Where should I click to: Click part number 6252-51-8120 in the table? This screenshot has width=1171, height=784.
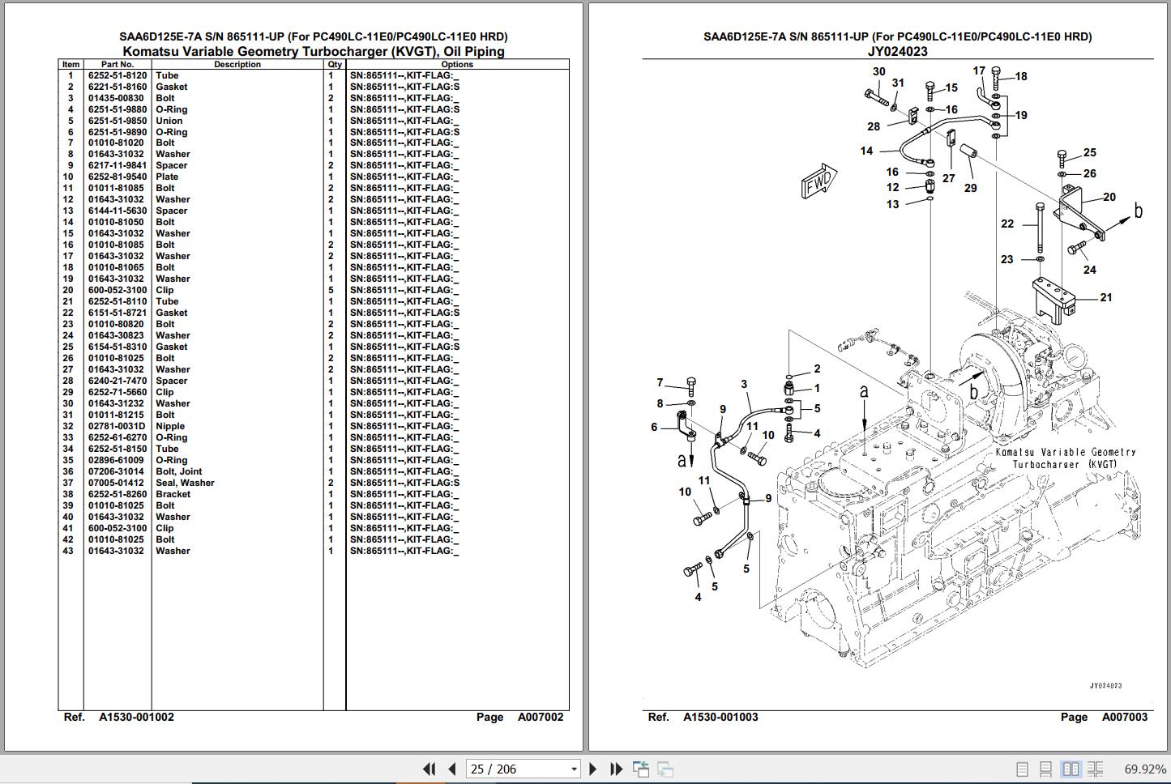[118, 75]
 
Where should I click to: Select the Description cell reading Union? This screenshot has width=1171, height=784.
[169, 121]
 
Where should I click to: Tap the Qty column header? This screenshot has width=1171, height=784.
[335, 65]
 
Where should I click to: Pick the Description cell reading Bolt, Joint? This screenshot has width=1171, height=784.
[179, 471]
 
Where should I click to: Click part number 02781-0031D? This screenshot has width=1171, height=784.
[117, 426]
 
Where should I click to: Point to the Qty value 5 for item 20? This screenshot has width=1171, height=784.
[331, 290]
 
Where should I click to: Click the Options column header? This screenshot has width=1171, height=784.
[457, 65]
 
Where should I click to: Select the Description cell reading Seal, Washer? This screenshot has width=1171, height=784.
[185, 483]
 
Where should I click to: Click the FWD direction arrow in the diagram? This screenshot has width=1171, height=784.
[818, 183]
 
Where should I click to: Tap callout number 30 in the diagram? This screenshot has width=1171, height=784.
[879, 71]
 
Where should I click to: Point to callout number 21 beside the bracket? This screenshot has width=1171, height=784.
[1106, 297]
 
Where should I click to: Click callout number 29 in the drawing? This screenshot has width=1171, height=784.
[971, 188]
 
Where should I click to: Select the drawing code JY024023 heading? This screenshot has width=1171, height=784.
[897, 51]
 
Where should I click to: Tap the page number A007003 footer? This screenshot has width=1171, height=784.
[1124, 717]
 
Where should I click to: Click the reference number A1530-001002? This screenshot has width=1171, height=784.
[136, 717]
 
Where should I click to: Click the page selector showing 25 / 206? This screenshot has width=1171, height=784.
[522, 769]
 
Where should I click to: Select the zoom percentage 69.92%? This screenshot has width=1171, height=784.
[1145, 769]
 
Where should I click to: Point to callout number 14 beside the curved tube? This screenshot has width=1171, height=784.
[866, 151]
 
